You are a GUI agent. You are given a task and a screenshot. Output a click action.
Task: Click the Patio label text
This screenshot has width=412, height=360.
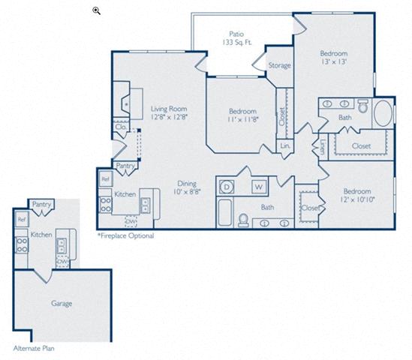[236, 34]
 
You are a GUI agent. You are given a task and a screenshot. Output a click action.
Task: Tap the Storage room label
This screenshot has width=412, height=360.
[280, 65]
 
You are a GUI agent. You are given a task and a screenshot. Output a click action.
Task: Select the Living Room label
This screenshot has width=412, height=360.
[169, 109]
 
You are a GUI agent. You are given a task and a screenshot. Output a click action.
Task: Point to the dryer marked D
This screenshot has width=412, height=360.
[226, 187]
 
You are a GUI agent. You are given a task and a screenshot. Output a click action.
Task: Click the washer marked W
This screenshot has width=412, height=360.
[259, 187]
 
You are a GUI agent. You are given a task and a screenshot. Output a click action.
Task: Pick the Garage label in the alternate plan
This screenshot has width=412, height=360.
[62, 304]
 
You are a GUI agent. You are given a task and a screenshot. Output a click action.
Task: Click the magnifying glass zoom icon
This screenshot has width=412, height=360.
[96, 10]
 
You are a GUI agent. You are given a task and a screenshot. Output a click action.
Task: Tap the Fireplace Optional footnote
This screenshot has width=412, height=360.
[125, 235]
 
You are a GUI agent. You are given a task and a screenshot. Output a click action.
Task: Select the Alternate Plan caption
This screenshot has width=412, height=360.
[34, 349]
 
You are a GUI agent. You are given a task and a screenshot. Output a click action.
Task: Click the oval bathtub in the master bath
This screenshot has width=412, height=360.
[383, 113]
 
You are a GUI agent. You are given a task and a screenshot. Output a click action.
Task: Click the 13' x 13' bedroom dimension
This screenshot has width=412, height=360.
[334, 61]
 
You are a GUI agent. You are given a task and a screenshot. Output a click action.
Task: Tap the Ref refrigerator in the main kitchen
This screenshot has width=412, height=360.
[106, 179]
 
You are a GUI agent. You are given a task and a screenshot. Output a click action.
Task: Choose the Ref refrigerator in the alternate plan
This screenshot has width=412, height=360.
[21, 219]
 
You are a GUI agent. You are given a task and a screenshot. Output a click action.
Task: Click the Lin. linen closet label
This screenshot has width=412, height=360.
[285, 145]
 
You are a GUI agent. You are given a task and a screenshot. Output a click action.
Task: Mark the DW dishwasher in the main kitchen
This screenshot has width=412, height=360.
[131, 222]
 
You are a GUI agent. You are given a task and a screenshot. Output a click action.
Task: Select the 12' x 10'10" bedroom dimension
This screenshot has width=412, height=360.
[357, 199]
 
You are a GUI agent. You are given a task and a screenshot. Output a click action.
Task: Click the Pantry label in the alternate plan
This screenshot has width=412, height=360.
[41, 204]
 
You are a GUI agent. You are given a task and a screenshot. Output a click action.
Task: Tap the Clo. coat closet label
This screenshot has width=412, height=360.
[121, 127]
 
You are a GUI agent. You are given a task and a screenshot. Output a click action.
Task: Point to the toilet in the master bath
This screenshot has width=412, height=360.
[363, 106]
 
